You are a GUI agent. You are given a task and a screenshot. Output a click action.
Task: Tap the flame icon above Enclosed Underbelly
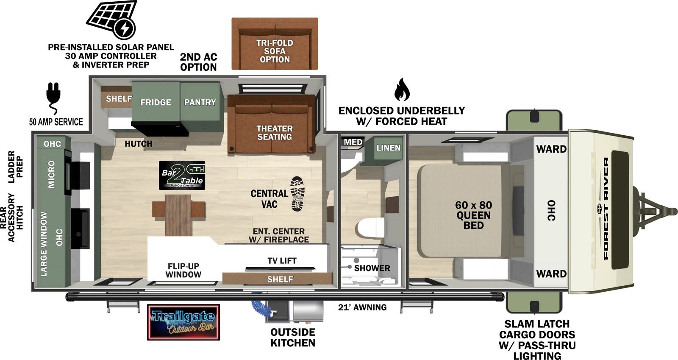[x=401, y=89]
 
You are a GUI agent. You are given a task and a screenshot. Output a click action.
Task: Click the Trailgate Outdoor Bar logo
[x=183, y=322]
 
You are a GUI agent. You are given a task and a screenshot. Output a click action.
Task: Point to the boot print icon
[x=297, y=194]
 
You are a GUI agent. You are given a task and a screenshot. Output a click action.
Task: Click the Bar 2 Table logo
[x=182, y=175]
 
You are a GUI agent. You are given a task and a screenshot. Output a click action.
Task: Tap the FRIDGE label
[x=156, y=102]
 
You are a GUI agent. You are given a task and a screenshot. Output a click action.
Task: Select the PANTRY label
[x=200, y=102]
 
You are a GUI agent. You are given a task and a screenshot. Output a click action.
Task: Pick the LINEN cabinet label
[x=388, y=148]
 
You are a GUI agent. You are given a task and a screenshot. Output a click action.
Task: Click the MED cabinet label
[x=353, y=142]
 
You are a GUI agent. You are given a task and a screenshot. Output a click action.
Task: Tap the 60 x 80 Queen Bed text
[x=473, y=215]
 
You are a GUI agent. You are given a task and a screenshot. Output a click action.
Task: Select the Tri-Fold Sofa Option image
[x=275, y=44]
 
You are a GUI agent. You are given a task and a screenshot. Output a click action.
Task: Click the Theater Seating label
[x=274, y=133]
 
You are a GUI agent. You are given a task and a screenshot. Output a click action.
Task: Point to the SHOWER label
[x=372, y=268]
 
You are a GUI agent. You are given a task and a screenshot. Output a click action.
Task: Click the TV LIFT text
[x=282, y=260]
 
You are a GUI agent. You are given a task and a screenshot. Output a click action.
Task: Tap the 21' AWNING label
[x=362, y=307]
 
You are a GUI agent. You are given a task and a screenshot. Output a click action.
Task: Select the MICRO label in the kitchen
[x=52, y=174]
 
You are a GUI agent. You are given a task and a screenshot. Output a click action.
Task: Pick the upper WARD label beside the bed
[x=551, y=149]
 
